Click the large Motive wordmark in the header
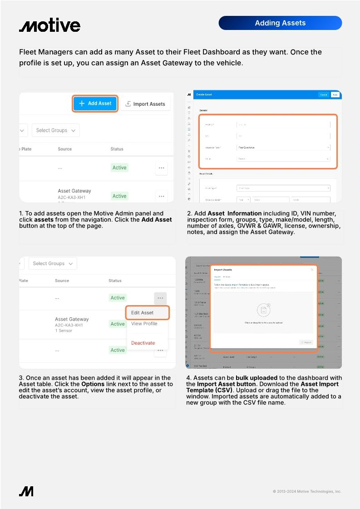coord(49,25)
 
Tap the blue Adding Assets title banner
coord(280,23)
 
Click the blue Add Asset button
coord(95,104)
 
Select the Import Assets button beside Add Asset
coord(145,104)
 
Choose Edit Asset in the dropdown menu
coord(142,313)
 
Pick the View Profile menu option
coord(144,324)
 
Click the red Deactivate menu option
coord(143,343)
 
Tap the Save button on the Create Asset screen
coord(335,95)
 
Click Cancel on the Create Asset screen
coord(323,95)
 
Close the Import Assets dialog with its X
coord(312,270)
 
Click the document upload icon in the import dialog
coord(263,311)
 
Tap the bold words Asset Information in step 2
coord(234,213)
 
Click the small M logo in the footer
coord(26,491)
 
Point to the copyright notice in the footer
coord(307,491)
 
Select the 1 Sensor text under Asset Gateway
coord(64,331)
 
